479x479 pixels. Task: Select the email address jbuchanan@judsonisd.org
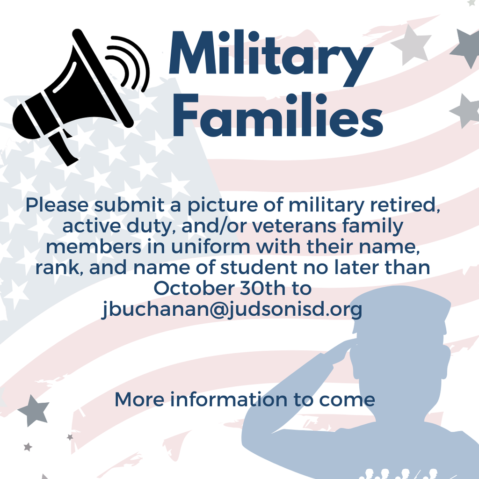pyautogui.click(x=232, y=310)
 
